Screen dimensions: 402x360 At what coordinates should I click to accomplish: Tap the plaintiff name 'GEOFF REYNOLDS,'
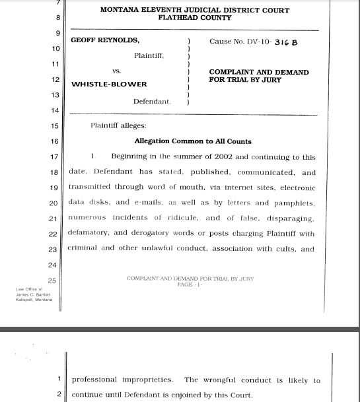(105, 41)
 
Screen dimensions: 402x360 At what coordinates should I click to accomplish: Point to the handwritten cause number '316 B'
(286, 42)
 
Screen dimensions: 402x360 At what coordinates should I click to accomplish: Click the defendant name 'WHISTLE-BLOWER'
(109, 84)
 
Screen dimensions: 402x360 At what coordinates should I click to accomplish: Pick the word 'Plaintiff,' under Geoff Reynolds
(149, 56)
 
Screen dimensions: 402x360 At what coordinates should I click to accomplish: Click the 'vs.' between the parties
(116, 71)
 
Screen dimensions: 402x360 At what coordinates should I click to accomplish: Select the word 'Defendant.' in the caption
(152, 102)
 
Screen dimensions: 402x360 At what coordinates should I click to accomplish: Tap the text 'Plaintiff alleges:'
(118, 126)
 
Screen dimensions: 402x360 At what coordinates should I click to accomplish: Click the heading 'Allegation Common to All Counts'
(193, 141)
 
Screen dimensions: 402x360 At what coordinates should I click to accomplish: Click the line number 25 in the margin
(53, 281)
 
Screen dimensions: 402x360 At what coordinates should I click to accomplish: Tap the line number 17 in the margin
(54, 157)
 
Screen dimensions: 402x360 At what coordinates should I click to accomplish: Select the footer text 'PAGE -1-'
(190, 285)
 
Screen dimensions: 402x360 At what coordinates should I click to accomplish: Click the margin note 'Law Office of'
(30, 289)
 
